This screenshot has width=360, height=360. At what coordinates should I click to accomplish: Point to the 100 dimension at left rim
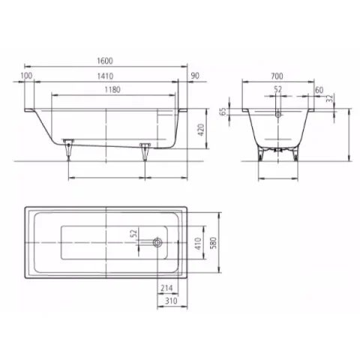pos(28,76)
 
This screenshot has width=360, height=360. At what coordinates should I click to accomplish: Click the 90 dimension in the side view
pos(196,76)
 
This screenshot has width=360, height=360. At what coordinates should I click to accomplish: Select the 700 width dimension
pos(278,76)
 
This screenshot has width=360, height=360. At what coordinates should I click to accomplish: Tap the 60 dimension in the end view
pos(320,89)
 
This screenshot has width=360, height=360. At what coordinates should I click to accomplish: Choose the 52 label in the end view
pos(278,89)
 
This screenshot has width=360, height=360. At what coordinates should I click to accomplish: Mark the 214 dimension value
pos(166,286)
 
